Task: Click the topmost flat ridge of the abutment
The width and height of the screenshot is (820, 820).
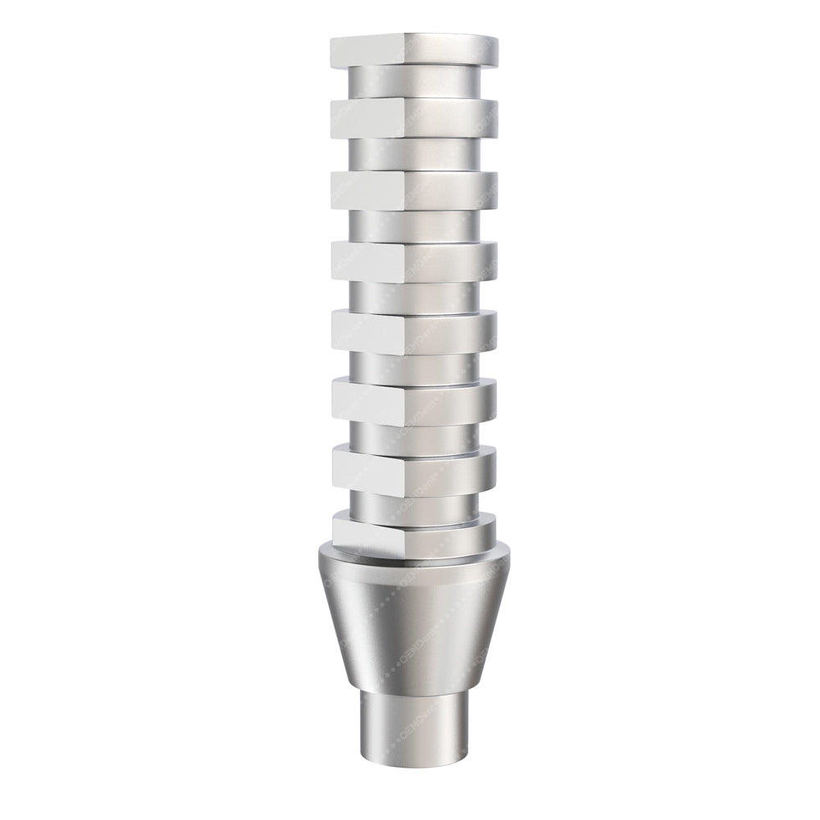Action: click(x=414, y=51)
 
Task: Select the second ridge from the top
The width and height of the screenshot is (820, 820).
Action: click(x=414, y=117)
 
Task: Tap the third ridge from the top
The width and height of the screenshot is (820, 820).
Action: click(x=414, y=190)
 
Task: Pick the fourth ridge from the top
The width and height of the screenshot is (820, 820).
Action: click(x=414, y=262)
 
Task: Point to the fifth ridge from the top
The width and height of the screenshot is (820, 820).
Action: click(x=414, y=334)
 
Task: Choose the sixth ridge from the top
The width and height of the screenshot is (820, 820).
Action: click(x=414, y=402)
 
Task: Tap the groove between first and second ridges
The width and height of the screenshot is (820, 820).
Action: click(x=414, y=82)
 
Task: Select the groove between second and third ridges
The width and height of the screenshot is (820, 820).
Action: click(x=414, y=153)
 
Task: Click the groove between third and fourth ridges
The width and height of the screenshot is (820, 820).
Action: click(x=414, y=225)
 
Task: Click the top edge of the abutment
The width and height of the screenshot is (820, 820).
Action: click(x=414, y=35)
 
